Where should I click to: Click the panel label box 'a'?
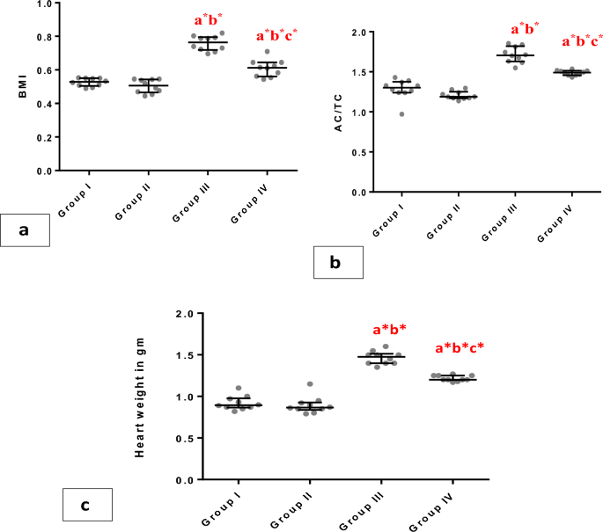point(25,231)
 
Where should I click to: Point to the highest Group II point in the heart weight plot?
point(308,384)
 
